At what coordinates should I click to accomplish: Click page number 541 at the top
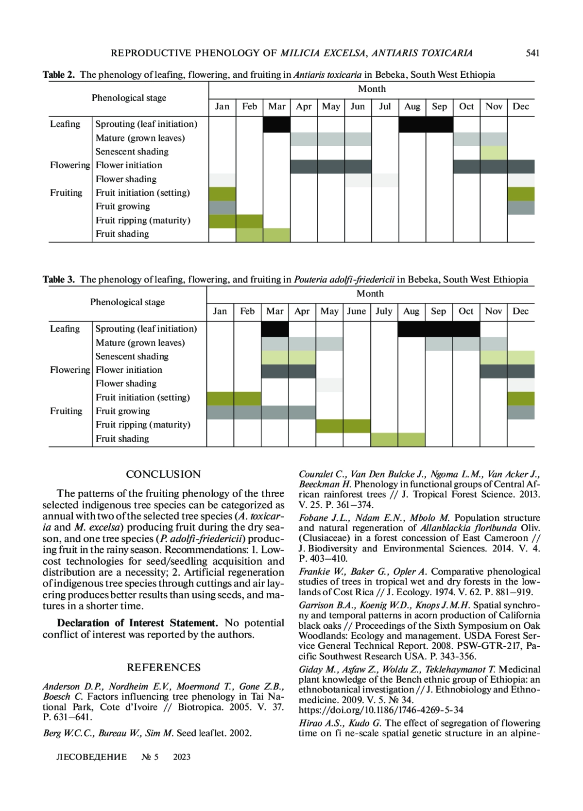pyautogui.click(x=532, y=53)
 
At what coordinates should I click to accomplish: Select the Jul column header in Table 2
pyautogui.click(x=385, y=106)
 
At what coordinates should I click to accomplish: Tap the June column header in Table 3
pyautogui.click(x=356, y=311)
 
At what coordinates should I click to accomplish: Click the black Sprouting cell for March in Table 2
pyautogui.click(x=276, y=124)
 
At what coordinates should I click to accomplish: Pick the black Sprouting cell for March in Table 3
pyautogui.click(x=274, y=329)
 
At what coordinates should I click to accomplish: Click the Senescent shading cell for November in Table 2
pyautogui.click(x=493, y=152)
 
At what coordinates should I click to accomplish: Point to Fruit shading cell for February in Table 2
pyautogui.click(x=249, y=235)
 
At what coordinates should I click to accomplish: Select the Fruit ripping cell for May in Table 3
pyautogui.click(x=329, y=426)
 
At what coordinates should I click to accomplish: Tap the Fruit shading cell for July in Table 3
pyautogui.click(x=384, y=439)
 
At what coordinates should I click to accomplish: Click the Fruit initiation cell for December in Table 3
pyautogui.click(x=520, y=398)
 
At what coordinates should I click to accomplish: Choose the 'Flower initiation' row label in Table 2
pyautogui.click(x=129, y=165)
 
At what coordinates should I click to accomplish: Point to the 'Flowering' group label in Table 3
pyautogui.click(x=70, y=370)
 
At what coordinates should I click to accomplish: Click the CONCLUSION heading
pyautogui.click(x=163, y=474)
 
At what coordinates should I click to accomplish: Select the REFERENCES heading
pyautogui.click(x=163, y=667)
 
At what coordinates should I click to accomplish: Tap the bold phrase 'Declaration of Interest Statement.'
pyautogui.click(x=137, y=623)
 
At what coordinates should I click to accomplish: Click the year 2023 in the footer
pyautogui.click(x=182, y=757)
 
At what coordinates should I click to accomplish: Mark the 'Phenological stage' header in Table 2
pyautogui.click(x=129, y=98)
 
